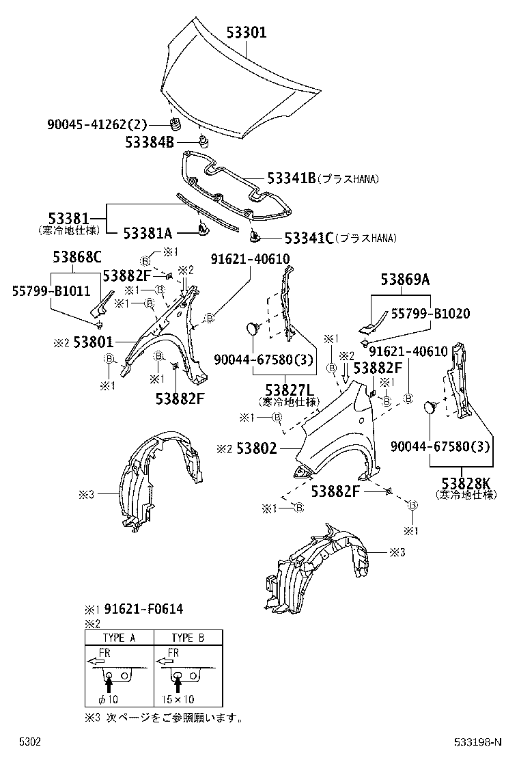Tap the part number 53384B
coord(150,142)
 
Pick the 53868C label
coord(77,257)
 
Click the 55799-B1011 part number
coord(51,290)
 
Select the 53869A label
coord(405,279)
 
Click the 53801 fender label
coord(95,341)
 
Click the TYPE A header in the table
coord(119,638)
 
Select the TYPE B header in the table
coord(188,638)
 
